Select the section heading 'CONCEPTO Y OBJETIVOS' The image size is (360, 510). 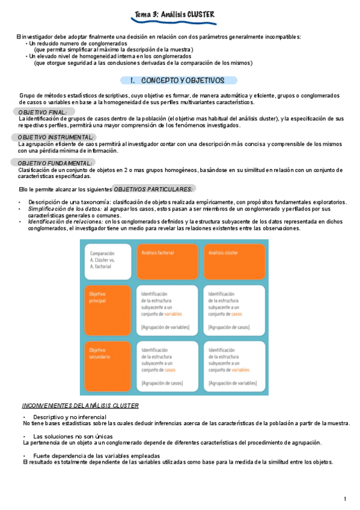(x=182, y=80)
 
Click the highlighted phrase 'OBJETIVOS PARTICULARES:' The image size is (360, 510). (x=153, y=189)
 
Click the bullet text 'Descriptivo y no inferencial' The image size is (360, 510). (x=70, y=417)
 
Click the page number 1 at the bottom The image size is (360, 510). (x=346, y=499)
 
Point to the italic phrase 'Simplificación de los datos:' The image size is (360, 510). (x=65, y=209)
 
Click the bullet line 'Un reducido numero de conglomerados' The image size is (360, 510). (x=78, y=44)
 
